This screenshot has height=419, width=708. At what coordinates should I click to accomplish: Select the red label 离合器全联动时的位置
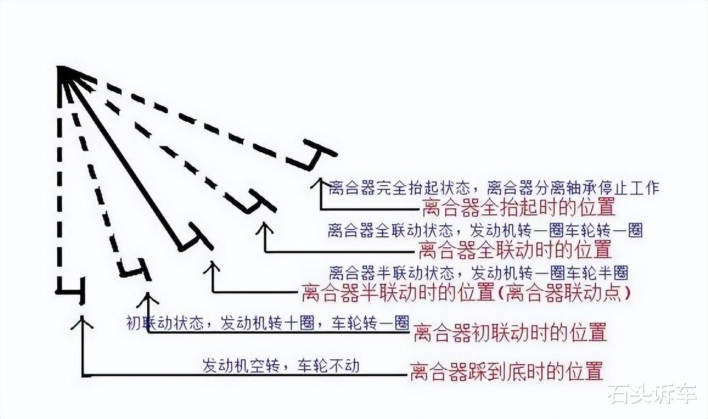515,249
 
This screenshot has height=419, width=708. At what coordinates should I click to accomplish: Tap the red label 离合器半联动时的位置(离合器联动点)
466,293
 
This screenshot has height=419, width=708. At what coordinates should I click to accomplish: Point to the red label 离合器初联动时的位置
510,333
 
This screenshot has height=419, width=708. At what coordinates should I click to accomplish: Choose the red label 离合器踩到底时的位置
507,371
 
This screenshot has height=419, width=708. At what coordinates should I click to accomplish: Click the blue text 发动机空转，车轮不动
281,365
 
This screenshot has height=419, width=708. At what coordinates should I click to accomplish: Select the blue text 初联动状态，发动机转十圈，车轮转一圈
268,322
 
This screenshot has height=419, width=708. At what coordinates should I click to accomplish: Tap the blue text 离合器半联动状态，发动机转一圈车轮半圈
478,272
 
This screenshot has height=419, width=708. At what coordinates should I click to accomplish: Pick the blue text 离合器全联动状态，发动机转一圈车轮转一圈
485,230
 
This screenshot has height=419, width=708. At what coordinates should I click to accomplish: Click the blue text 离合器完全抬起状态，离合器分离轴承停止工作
493,188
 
